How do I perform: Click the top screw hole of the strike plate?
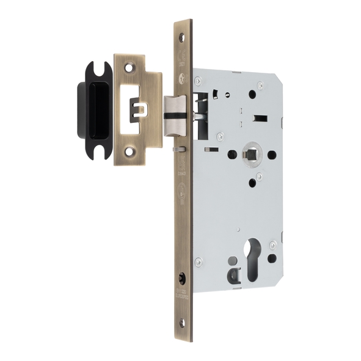[130, 64]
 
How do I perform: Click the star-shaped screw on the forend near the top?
[182, 78]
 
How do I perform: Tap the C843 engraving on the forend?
[182, 173]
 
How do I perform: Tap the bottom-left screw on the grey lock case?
[197, 261]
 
